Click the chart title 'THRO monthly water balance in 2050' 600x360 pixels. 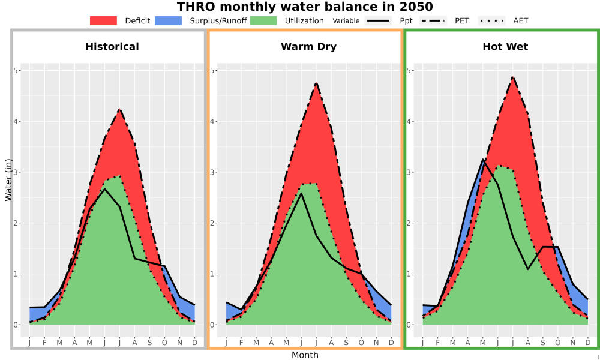point(305,7)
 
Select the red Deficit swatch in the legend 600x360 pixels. point(103,20)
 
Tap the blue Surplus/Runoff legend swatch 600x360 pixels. point(169,20)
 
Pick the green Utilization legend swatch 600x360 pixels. point(263,20)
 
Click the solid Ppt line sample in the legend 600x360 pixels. point(378,20)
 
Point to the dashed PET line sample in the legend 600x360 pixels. point(433,20)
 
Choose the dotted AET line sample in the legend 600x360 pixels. point(492,20)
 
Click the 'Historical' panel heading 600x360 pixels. point(112,47)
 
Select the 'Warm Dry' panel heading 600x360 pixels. point(309,47)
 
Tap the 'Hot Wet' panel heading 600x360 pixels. point(505,47)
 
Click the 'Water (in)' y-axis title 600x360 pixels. point(8,180)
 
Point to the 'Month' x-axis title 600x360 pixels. point(305,355)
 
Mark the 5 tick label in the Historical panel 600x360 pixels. point(16,70)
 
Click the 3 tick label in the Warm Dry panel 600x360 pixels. point(212,172)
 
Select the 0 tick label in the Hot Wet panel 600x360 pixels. point(409,325)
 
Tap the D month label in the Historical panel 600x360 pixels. point(195,343)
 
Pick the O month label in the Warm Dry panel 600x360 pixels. point(361,343)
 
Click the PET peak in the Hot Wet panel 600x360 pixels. point(512,77)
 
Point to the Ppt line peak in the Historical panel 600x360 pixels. point(105,188)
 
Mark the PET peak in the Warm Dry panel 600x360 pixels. point(316,83)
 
